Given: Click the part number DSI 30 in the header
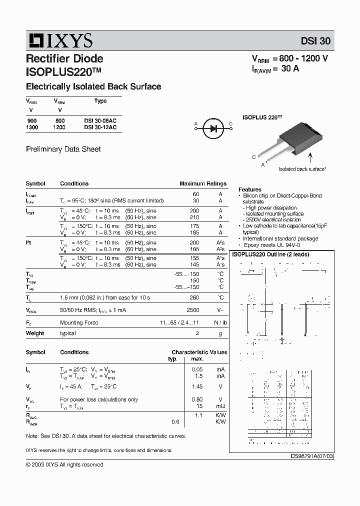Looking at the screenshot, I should pyautogui.click(x=315, y=41).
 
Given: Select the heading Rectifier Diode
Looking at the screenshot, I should pyautogui.click(x=64, y=58).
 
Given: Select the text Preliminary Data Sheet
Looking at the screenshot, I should pyautogui.click(x=63, y=149).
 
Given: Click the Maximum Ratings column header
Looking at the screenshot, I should pyautogui.click(x=202, y=183).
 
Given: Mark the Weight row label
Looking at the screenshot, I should pyautogui.click(x=35, y=333).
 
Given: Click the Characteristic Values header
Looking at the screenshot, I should pyautogui.click(x=199, y=352).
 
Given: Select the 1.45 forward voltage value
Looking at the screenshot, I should pyautogui.click(x=196, y=386).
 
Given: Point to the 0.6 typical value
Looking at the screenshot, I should pyautogui.click(x=175, y=421).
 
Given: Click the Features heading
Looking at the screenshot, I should pyautogui.click(x=250, y=189).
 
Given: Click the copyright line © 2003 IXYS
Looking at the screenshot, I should pyautogui.click(x=64, y=464).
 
